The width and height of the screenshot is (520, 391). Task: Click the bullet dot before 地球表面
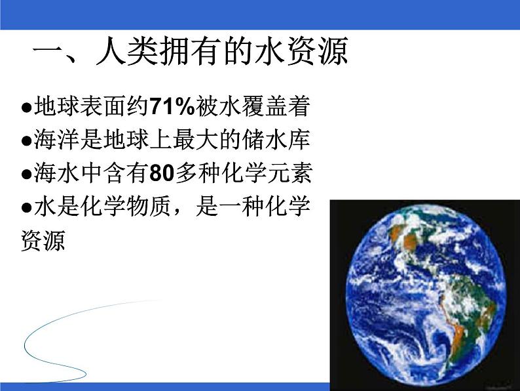(26, 107)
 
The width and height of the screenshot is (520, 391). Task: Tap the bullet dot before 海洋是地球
(26, 141)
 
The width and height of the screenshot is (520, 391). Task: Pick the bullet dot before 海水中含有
(26, 175)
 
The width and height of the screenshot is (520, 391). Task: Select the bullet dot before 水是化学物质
(26, 209)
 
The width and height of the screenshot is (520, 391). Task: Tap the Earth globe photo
(422, 292)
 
